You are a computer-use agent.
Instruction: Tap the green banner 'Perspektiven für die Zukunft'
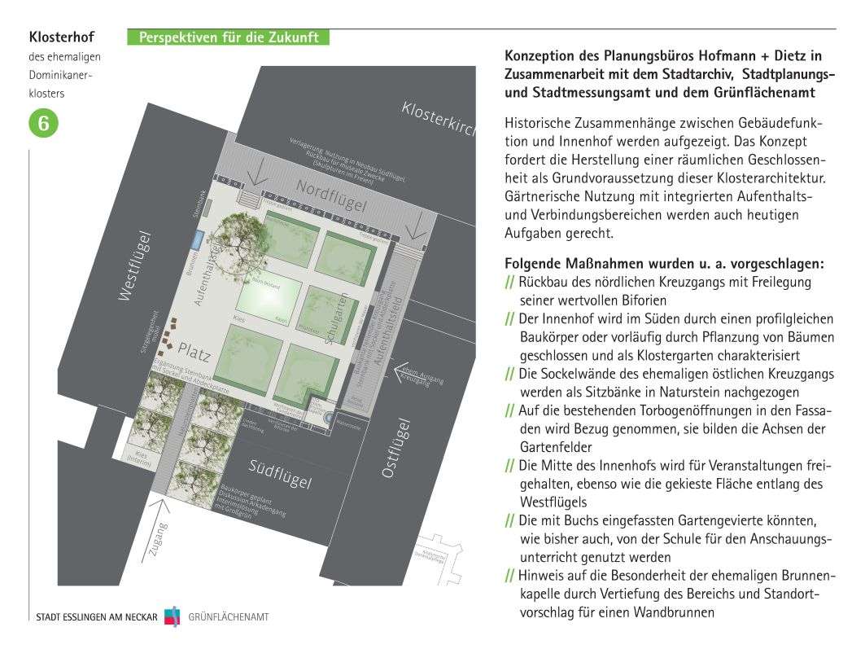pyautogui.click(x=229, y=37)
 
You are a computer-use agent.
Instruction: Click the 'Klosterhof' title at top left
pyautogui.click(x=62, y=37)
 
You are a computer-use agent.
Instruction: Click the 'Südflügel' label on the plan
pyautogui.click(x=281, y=473)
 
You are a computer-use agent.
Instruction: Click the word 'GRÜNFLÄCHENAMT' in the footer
pyautogui.click(x=229, y=617)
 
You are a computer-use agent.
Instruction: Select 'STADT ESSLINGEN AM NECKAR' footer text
pyautogui.click(x=97, y=617)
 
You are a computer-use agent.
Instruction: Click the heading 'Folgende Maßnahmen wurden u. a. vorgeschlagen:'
pyautogui.click(x=664, y=264)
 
